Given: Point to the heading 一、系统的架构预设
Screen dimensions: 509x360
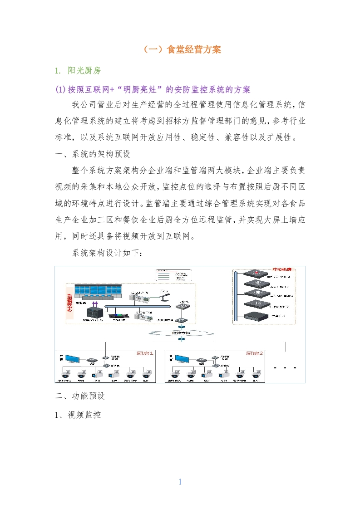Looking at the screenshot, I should (93, 154).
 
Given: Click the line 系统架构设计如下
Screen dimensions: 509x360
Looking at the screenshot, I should (107, 253).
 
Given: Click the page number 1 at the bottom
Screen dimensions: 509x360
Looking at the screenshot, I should (180, 482).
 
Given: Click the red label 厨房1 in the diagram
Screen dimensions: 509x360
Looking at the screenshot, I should (145, 352).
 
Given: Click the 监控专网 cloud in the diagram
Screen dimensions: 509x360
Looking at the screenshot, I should (182, 332).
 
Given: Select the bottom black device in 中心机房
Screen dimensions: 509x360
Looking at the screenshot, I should (256, 316).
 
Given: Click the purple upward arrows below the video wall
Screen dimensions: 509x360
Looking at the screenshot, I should (95, 304).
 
